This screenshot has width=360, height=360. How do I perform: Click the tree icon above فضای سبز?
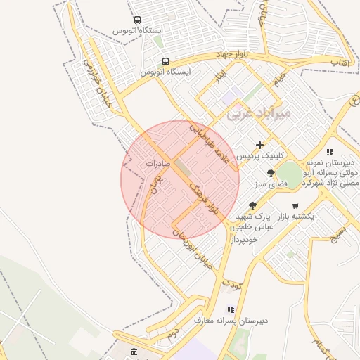coord(271,173)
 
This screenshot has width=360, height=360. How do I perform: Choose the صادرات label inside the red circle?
coord(159,162)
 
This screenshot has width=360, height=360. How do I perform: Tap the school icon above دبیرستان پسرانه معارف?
coord(230,309)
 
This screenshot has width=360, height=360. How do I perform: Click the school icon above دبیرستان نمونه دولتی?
coord(329,152)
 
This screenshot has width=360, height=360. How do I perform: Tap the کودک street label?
coord(231,284)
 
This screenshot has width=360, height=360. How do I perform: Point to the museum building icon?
coord(134,351)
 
